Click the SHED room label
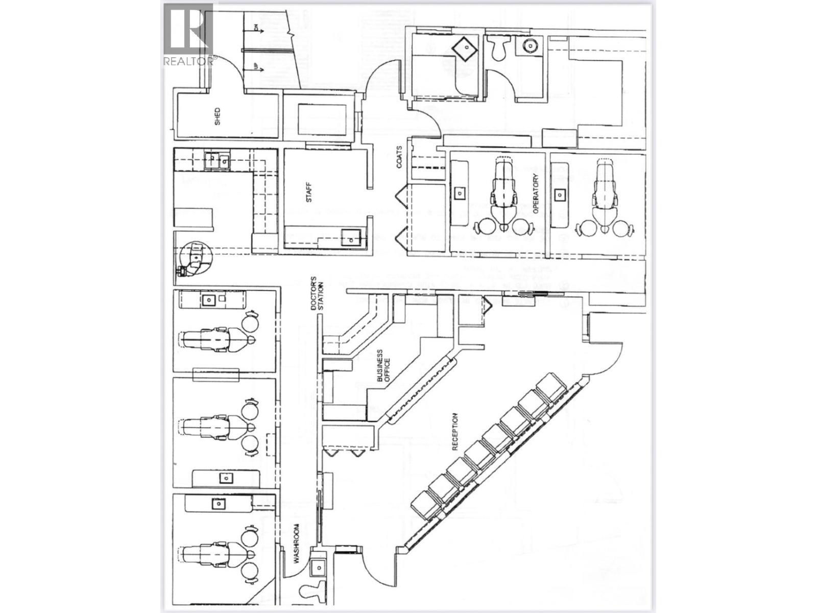coord(218,117)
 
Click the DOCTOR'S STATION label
coord(318,294)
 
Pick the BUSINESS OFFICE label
coord(383,366)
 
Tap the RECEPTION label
coord(455,432)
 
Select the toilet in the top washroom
coord(497,48)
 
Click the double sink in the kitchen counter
coord(217,160)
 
